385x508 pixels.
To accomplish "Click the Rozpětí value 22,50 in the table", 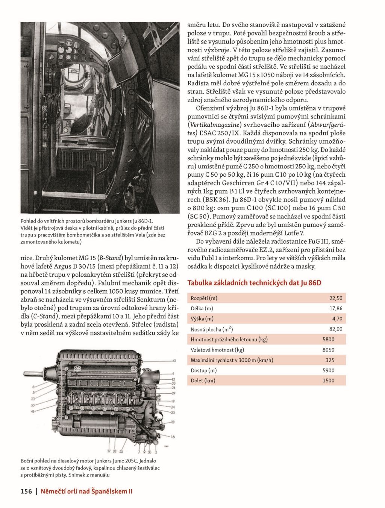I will [335, 298].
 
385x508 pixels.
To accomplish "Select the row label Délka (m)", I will [202, 308].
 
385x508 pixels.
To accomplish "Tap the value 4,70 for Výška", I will [337, 318].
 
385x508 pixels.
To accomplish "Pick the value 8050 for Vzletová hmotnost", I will [328, 350].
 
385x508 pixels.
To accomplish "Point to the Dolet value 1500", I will [328, 381].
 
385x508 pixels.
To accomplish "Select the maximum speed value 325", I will [330, 360].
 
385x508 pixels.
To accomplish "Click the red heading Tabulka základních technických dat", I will [254, 283].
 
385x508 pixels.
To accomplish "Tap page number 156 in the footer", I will [26, 491].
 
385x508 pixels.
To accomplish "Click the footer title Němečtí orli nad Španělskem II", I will [86, 491].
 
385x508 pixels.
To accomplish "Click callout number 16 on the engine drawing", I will [173, 437].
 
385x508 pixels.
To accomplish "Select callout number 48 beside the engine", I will [32, 412].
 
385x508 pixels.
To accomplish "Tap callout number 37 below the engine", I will [109, 451].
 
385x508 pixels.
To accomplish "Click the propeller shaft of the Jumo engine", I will [36, 374].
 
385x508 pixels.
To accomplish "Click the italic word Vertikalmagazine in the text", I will [214, 124].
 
